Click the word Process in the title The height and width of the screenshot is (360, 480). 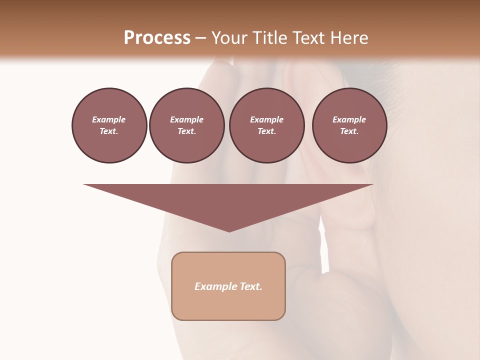(157, 38)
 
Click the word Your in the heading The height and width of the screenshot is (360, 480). (229, 38)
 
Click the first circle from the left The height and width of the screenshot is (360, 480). (109, 125)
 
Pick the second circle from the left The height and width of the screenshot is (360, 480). (186, 125)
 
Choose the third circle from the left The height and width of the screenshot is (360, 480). (266, 125)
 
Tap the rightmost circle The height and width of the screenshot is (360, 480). (349, 125)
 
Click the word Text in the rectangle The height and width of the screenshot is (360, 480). (251, 286)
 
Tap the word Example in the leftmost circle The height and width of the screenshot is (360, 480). (109, 119)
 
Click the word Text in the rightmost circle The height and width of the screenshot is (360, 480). (348, 131)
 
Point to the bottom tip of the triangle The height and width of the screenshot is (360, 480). (229, 230)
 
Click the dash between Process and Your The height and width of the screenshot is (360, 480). (201, 38)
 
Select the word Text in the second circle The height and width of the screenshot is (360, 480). (186, 131)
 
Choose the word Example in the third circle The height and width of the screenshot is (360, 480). (266, 119)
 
